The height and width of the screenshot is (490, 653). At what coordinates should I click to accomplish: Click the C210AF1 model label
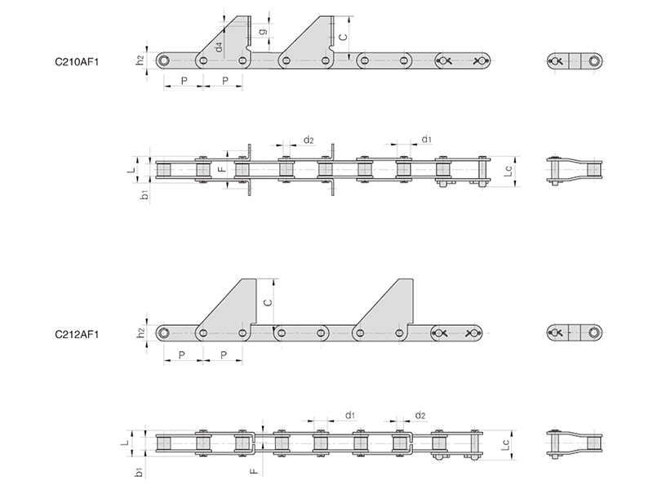(77, 62)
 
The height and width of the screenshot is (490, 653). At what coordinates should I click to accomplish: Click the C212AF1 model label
(77, 335)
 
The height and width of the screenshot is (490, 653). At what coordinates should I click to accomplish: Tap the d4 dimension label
(219, 47)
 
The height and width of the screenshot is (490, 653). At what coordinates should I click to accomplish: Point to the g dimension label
(263, 32)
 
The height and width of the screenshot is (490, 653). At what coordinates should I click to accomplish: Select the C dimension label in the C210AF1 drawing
(343, 37)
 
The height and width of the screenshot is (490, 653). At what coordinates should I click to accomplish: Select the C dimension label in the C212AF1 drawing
(269, 301)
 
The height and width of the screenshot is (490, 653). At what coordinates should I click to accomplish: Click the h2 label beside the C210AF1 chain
(140, 60)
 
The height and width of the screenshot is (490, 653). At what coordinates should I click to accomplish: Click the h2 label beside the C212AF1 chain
(140, 332)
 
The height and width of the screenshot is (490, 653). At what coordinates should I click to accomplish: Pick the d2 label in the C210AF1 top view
(309, 140)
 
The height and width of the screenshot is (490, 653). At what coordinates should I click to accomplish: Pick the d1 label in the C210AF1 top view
(427, 139)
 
